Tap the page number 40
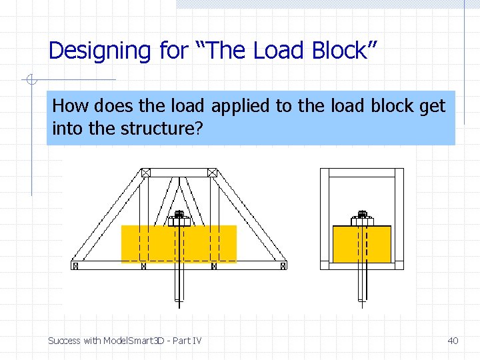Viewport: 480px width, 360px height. pos(453,341)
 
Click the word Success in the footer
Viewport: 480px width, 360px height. pos(64,341)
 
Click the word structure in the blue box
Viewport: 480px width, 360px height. pos(158,128)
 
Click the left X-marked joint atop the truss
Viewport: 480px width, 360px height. pos(146,173)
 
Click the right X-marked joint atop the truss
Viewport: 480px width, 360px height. pos(212,173)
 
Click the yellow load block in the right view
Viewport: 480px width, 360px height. pos(362,244)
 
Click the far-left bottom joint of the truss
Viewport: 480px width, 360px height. pos(75,265)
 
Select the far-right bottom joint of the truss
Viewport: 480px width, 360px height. pos(283,265)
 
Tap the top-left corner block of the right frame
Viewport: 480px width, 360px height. pos(325,173)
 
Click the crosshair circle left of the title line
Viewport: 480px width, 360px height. pos(31,81)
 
